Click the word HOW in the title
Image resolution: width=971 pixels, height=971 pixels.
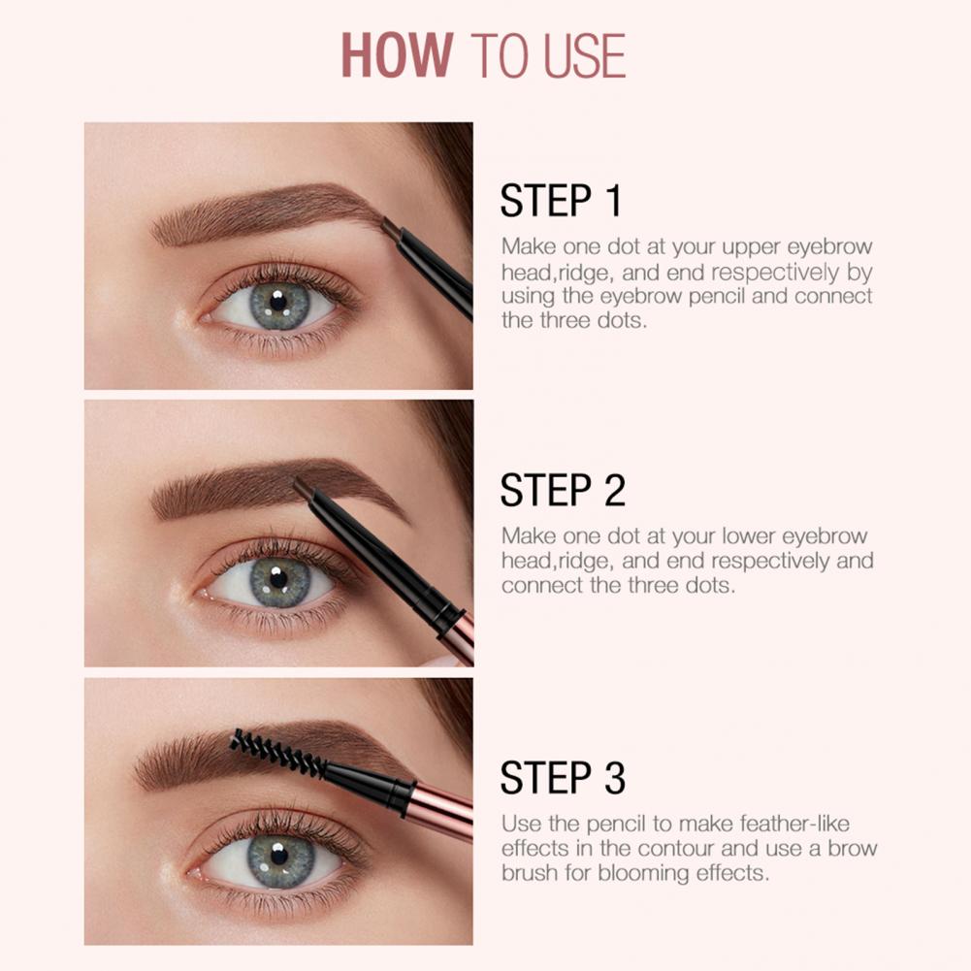pos(397,55)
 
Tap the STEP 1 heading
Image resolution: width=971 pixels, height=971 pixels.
pos(561,200)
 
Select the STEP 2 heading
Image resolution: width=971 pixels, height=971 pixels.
pos(563,490)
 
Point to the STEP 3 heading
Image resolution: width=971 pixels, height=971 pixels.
pos(563,778)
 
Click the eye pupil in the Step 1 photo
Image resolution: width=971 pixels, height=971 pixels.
pos(278,303)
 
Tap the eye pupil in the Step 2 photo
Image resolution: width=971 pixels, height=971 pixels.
pos(278,578)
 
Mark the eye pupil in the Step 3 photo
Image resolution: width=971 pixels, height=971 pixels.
pos(279,856)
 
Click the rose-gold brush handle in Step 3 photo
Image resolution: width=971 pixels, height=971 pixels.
pos(441,809)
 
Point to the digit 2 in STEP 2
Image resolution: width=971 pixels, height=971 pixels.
pos(614,490)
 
